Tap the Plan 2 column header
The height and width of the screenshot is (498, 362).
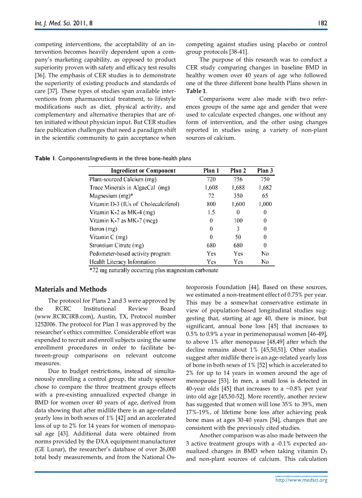(238, 171)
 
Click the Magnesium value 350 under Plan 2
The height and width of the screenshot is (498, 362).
(238, 196)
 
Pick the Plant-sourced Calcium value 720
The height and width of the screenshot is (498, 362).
(211, 179)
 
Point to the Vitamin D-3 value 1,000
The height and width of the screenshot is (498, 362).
(265, 204)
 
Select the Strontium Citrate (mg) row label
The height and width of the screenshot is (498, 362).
(117, 245)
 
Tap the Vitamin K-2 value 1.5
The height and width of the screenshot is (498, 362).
(211, 212)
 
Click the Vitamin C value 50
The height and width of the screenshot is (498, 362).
(238, 237)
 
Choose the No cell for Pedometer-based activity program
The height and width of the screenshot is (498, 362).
(265, 254)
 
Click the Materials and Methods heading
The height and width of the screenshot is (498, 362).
(71, 290)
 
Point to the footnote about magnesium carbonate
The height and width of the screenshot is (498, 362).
(153, 270)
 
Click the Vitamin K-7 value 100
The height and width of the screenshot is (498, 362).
(238, 220)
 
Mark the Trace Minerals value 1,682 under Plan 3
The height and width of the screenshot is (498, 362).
(265, 188)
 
